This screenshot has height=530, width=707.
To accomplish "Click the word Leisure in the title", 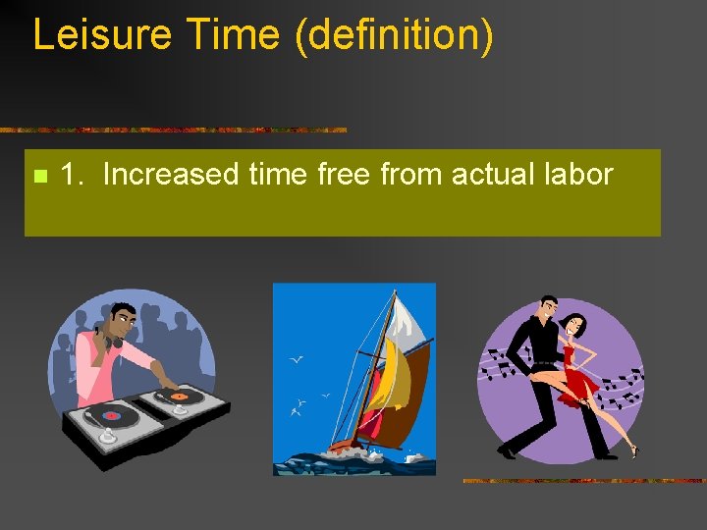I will [x=99, y=34].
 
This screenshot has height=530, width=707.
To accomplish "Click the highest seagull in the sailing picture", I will [x=296, y=359].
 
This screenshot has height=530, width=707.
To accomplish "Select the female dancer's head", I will [x=574, y=323].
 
